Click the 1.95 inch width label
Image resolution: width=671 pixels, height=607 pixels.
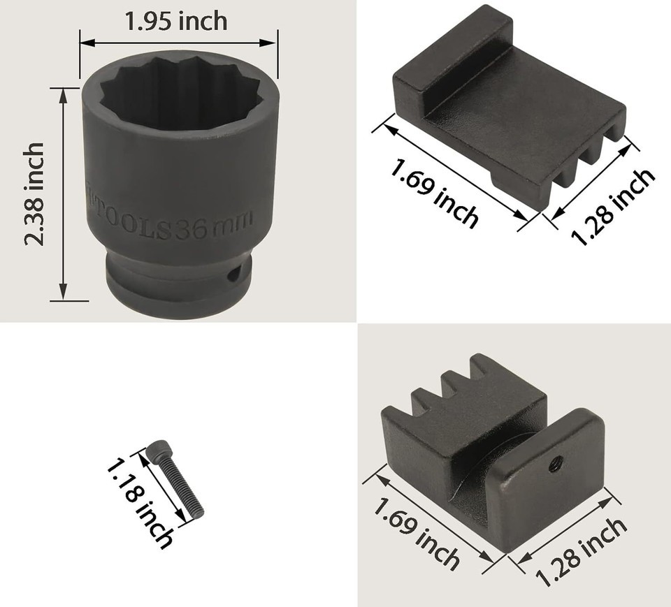point(176,22)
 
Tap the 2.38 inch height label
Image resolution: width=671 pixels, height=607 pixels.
point(34,193)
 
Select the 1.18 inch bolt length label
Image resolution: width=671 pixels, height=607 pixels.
point(140,503)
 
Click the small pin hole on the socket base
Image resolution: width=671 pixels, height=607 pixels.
point(233,275)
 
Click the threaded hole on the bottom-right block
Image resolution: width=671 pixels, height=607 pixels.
point(556,462)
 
